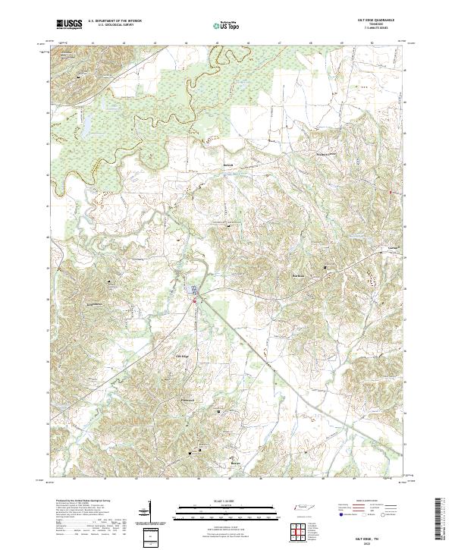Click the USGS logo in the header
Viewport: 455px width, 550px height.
point(70,24)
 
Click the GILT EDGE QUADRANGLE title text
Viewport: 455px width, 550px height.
point(376,20)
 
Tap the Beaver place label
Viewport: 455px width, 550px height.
point(236,461)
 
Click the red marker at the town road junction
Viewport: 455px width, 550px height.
point(194,302)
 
